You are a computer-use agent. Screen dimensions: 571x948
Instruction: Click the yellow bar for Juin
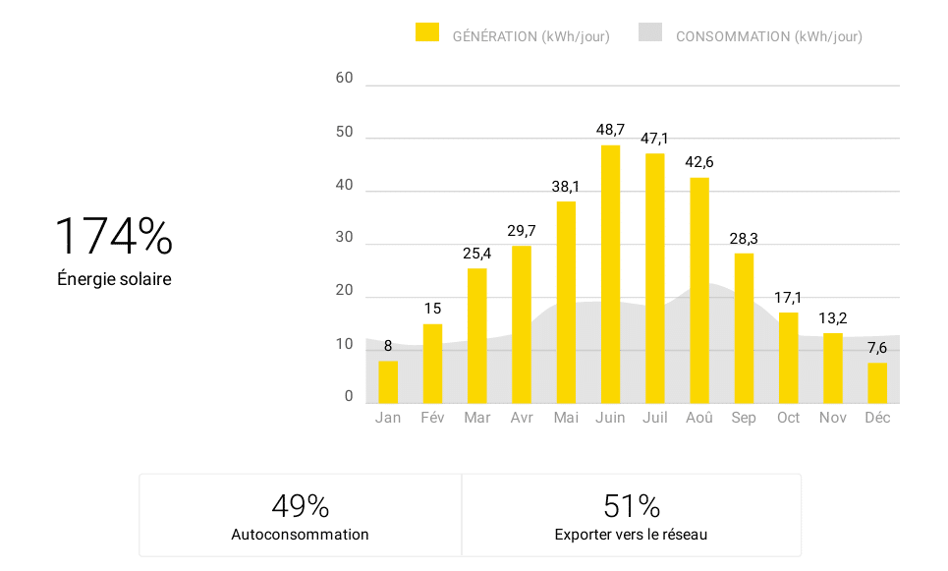coord(610,274)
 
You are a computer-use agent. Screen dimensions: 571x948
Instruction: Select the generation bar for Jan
coord(388,382)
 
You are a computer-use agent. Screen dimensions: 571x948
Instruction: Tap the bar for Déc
coord(877,383)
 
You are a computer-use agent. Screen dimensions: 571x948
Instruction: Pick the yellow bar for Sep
coord(744,328)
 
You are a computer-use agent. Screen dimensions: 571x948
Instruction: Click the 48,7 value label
coord(610,130)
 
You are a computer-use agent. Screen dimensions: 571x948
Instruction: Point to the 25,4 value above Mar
coord(476,254)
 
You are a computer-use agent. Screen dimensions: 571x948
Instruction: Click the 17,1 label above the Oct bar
coord(788,297)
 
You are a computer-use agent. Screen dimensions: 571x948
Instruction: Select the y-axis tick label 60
coord(344,79)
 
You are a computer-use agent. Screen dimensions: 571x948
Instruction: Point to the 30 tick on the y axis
coord(344,238)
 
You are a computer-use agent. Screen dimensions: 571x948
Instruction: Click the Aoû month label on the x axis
coord(699,418)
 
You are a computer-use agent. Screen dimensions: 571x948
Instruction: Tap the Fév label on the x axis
coord(432,418)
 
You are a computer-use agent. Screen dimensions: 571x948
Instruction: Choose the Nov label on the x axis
coord(833,418)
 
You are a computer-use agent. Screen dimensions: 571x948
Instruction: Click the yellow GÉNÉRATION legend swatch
coord(427,32)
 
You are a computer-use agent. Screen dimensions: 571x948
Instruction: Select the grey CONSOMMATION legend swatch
coord(650,32)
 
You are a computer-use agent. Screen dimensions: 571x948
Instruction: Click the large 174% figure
coord(113,237)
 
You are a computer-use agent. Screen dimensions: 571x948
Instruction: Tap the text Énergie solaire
coord(114,279)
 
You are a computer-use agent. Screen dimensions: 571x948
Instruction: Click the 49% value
coord(300,506)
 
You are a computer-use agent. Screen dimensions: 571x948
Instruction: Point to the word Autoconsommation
coord(300,535)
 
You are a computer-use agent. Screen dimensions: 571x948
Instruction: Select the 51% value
coord(632,506)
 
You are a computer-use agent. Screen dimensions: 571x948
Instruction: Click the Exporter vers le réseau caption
coord(631,535)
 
